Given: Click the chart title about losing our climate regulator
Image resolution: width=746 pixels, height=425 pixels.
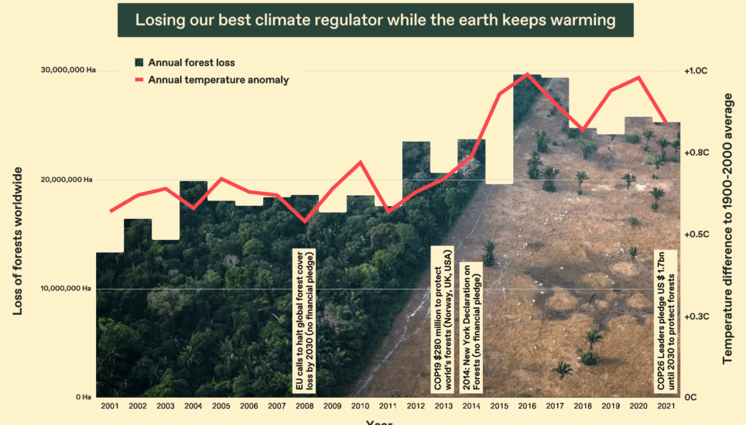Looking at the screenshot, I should click(375, 19).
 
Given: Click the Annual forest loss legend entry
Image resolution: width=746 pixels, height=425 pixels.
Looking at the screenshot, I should click(190, 62).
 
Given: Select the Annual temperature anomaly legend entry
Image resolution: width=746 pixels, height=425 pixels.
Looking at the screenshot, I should click(217, 80).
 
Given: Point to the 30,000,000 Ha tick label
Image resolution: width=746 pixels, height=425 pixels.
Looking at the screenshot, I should click(67, 70).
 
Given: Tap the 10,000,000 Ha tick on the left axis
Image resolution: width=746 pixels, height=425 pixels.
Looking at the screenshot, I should click(67, 289).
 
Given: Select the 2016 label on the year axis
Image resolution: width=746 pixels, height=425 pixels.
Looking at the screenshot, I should click(527, 406).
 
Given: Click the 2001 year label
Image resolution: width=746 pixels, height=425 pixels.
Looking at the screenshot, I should click(109, 406).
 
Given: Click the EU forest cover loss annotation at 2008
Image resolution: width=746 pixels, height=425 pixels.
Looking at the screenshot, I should click(304, 320).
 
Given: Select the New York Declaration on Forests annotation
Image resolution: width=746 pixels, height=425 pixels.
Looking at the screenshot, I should click(471, 325).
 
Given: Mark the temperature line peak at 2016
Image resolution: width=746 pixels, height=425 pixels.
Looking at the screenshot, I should click(527, 74).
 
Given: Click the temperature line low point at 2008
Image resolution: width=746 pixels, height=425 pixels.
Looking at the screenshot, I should click(304, 221).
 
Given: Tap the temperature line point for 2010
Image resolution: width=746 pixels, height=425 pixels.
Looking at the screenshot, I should click(360, 162).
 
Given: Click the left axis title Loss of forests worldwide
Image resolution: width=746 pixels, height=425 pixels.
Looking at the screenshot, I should click(17, 241).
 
